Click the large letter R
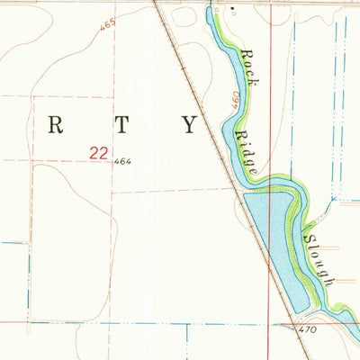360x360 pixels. pyautogui.click(x=55, y=125)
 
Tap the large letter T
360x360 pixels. pyautogui.click(x=120, y=125)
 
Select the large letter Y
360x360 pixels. pyautogui.click(x=189, y=125)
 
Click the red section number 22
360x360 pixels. pyautogui.click(x=101, y=154)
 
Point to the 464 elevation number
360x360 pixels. pyautogui.click(x=123, y=162)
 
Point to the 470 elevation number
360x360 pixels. pyautogui.click(x=308, y=330)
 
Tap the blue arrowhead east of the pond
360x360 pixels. pyautogui.click(x=332, y=199)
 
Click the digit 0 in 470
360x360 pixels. pyautogui.click(x=314, y=330)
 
